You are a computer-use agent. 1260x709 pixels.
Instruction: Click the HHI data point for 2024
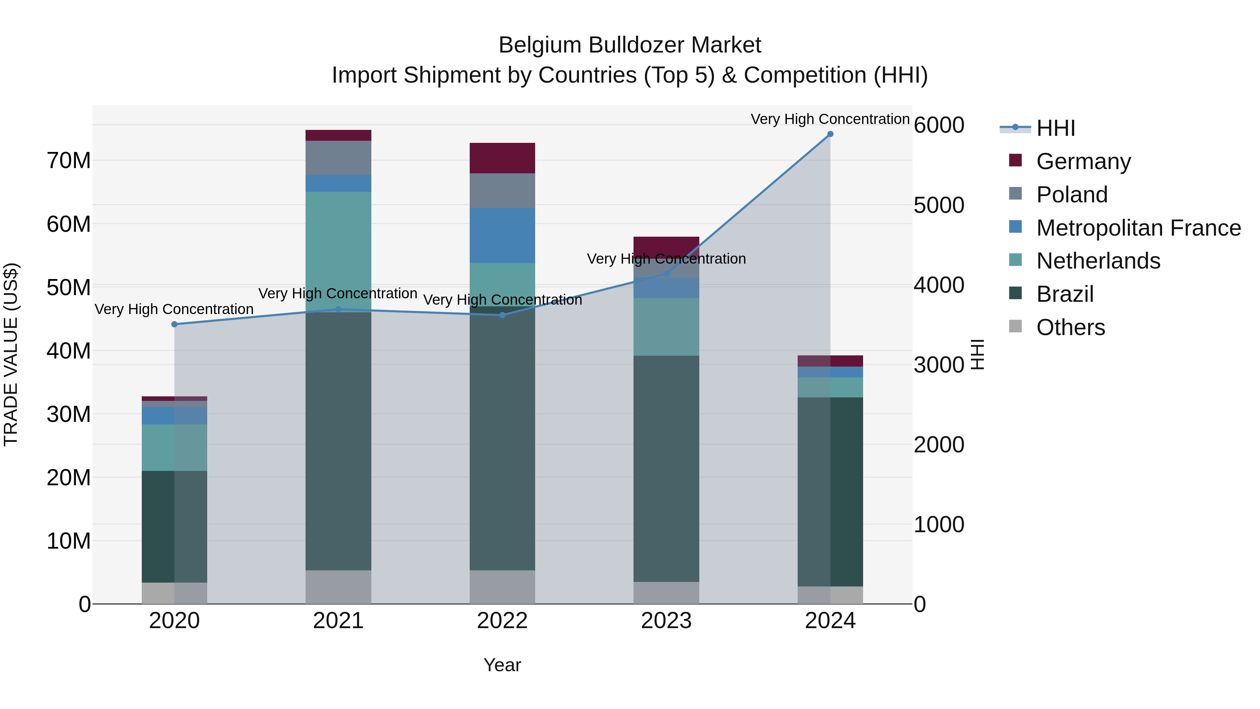click(x=830, y=134)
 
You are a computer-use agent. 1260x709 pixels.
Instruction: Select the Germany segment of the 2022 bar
click(x=502, y=158)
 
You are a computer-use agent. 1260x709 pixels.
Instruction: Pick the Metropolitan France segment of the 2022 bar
click(x=502, y=235)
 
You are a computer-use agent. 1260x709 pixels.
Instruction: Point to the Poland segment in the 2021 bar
click(x=338, y=158)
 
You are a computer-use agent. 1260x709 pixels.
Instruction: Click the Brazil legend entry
click(x=1064, y=294)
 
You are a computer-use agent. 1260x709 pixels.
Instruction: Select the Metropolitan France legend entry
click(x=1138, y=228)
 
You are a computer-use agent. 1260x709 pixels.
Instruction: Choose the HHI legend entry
click(x=1055, y=128)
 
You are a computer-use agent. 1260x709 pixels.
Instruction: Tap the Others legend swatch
click(x=1015, y=326)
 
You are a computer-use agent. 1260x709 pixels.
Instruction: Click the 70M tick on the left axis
click(x=69, y=160)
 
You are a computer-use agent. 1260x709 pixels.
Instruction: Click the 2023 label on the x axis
click(x=666, y=621)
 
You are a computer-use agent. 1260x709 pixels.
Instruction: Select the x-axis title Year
click(x=502, y=665)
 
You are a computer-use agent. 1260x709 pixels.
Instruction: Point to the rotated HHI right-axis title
click(x=977, y=354)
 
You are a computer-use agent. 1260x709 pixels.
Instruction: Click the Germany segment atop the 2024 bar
click(x=830, y=361)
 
